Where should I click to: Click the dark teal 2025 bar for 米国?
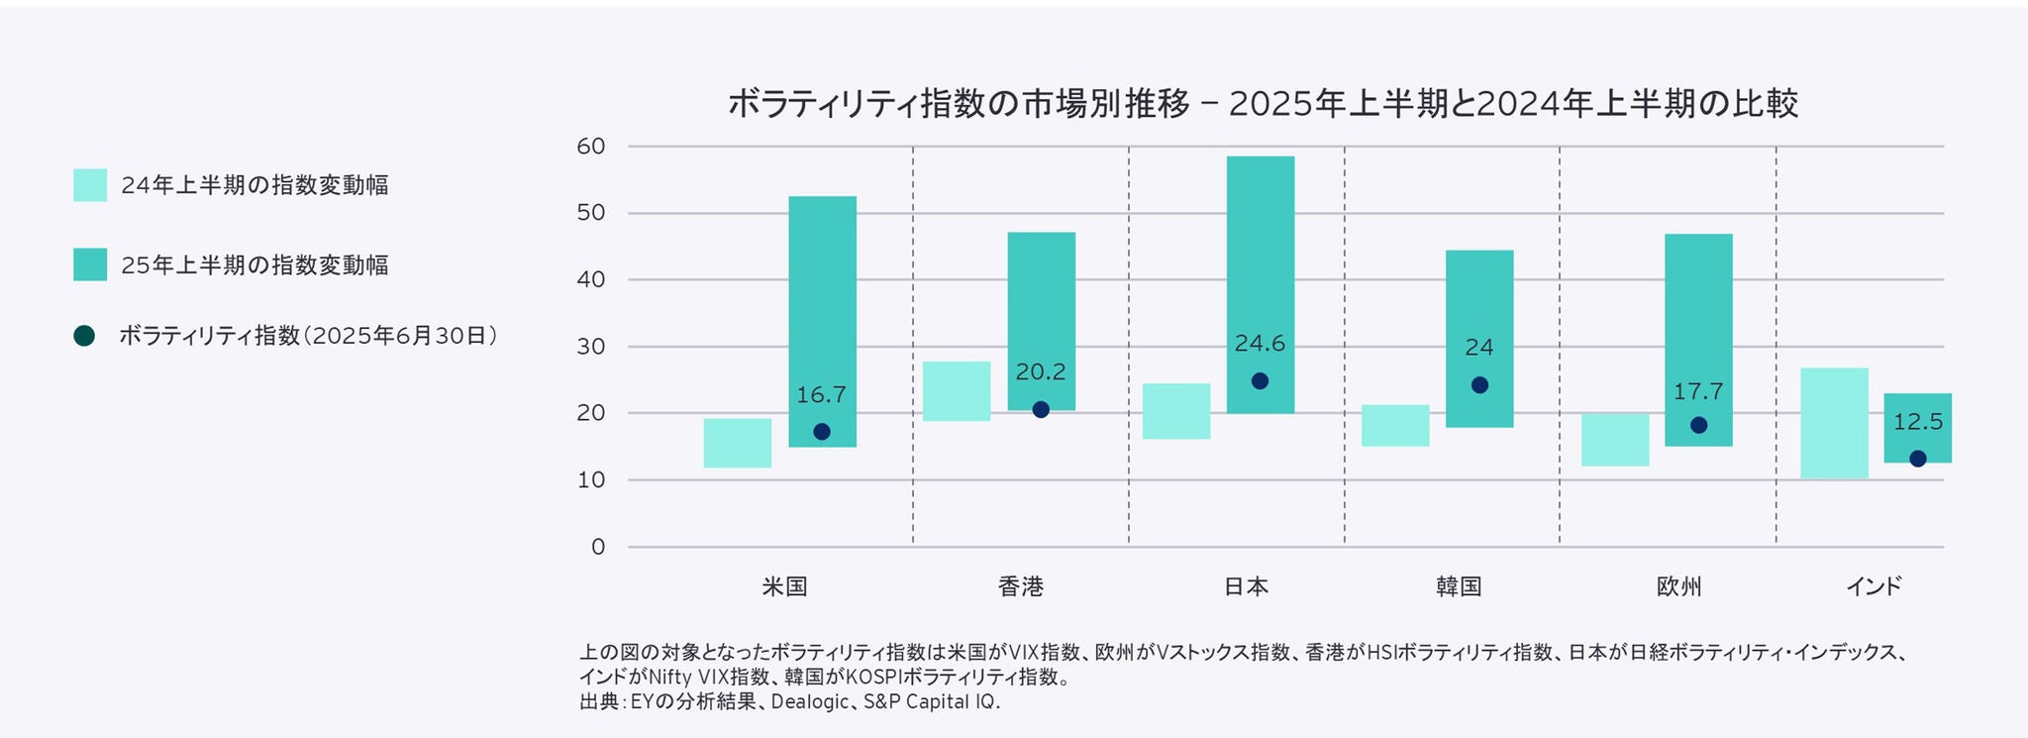(x=822, y=297)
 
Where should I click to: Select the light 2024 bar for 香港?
(x=956, y=391)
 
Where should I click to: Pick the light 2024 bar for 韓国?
(x=1394, y=425)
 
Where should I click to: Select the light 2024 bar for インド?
(x=1834, y=424)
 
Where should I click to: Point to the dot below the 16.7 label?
(x=822, y=432)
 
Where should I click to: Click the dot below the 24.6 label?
(x=1260, y=381)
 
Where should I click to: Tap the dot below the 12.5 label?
(x=1918, y=459)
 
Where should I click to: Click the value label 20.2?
(x=1041, y=372)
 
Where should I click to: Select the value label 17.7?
(x=1698, y=392)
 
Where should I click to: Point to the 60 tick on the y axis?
(x=590, y=147)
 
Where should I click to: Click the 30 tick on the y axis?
(x=590, y=347)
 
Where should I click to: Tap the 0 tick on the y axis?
(x=597, y=547)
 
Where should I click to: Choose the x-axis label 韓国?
(x=1459, y=586)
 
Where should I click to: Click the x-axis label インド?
(x=1874, y=586)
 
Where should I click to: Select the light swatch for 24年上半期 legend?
(x=90, y=185)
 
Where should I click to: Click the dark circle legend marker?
(x=84, y=336)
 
